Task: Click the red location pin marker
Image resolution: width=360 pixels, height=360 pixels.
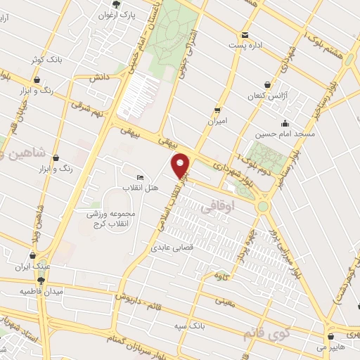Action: [x=181, y=165]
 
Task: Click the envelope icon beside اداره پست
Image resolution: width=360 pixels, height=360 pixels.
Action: [x=244, y=34]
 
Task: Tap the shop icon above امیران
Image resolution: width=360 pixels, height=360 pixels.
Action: [x=218, y=110]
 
